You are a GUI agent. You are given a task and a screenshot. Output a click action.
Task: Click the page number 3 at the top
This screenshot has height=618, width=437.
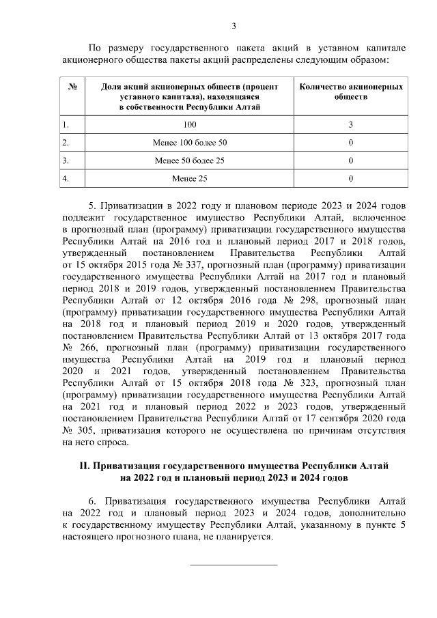coord(234,27)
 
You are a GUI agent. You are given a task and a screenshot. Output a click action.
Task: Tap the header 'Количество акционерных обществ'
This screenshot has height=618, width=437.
coord(351,92)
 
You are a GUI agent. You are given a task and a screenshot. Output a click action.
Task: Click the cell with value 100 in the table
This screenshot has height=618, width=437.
coord(189,125)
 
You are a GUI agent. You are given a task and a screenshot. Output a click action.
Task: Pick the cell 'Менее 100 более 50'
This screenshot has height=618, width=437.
coord(189,143)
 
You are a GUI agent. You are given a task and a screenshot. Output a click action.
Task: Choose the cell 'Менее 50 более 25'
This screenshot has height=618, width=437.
coord(189,161)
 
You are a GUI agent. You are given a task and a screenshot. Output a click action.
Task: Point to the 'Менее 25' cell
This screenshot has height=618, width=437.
coord(189,179)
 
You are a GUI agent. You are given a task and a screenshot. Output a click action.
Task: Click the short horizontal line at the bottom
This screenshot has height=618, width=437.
coord(233,565)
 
